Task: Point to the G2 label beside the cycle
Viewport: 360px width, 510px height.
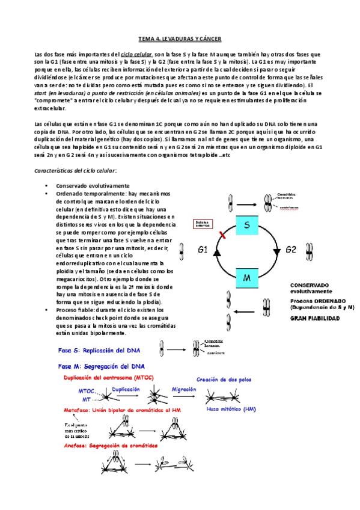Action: [x=290, y=248]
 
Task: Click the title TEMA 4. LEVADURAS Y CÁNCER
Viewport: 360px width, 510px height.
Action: [x=180, y=39]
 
